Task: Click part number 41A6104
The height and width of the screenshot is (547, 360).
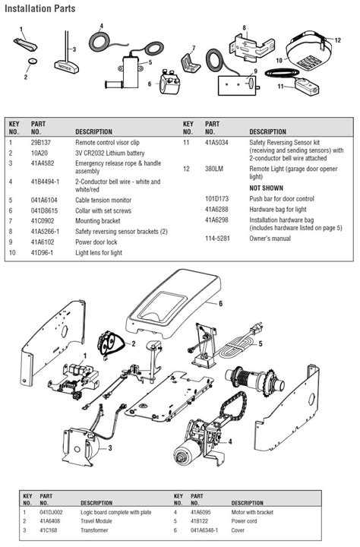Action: tap(43, 200)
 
